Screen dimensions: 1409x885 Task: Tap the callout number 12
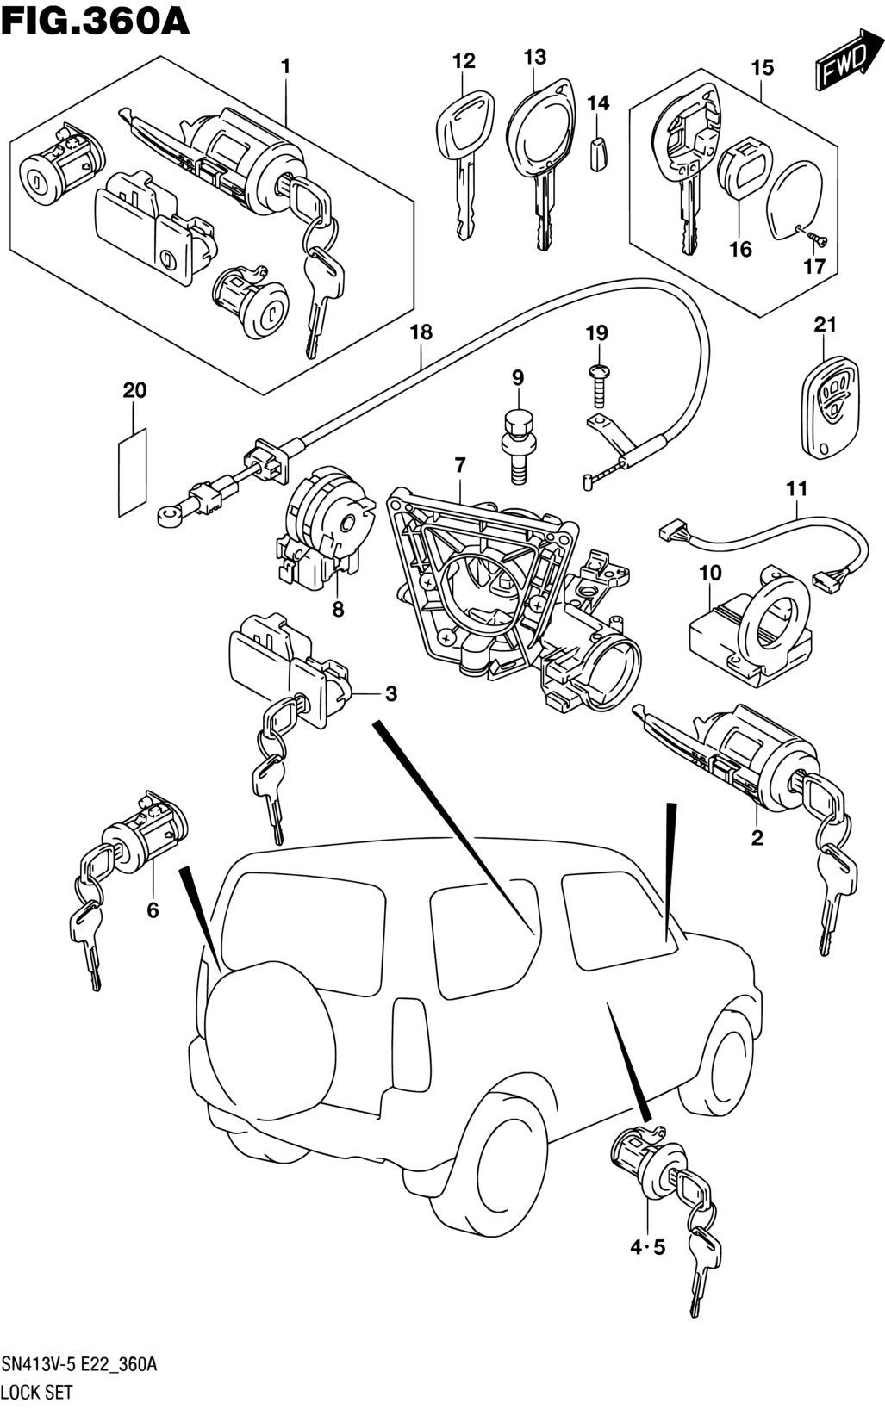464,61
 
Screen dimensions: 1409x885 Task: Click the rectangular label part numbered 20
133,472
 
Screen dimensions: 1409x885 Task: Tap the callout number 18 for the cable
421,332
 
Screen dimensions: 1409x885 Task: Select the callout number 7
460,466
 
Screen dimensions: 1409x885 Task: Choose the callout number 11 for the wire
797,488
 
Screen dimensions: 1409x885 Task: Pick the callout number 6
153,910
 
